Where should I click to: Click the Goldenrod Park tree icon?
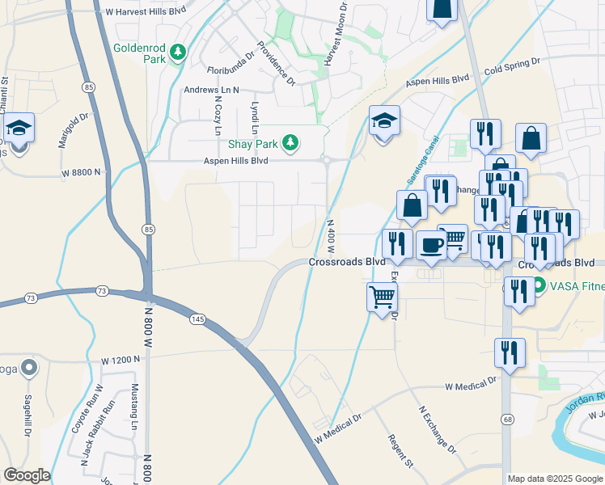[x=178, y=53]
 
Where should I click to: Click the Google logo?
[x=27, y=475]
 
